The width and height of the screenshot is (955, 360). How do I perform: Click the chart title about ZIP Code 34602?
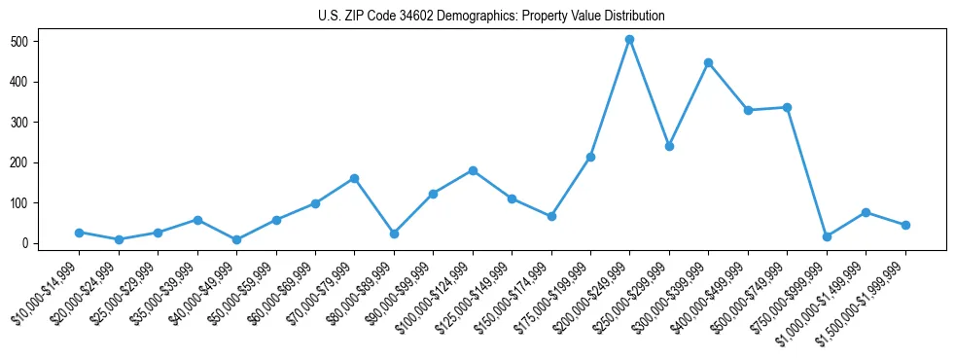(491, 16)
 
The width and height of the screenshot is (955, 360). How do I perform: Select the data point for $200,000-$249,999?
(629, 40)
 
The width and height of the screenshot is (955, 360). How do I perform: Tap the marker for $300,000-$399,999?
(708, 62)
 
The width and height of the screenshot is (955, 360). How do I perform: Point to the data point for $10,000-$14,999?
(79, 233)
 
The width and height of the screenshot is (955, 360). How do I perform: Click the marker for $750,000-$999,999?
(827, 236)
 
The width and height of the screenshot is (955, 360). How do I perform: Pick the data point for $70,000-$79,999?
(354, 178)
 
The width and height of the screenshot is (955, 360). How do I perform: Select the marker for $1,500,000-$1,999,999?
(905, 225)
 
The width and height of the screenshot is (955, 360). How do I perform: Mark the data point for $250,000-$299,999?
(669, 146)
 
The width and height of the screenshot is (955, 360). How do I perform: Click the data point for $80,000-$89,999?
(394, 234)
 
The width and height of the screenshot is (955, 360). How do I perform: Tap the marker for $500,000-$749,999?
(787, 107)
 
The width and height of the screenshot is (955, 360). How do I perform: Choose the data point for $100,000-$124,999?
(473, 170)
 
